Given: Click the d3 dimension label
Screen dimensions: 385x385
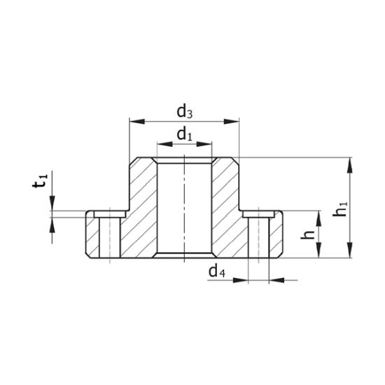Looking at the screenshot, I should pyautogui.click(x=185, y=111).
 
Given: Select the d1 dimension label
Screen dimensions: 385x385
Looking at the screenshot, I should pyautogui.click(x=183, y=134).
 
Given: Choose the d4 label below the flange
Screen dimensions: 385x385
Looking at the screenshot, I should pyautogui.click(x=216, y=270).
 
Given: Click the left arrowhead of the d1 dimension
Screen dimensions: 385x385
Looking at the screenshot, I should pyautogui.click(x=160, y=145).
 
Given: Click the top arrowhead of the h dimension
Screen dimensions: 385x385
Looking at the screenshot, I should pyautogui.click(x=319, y=216).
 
